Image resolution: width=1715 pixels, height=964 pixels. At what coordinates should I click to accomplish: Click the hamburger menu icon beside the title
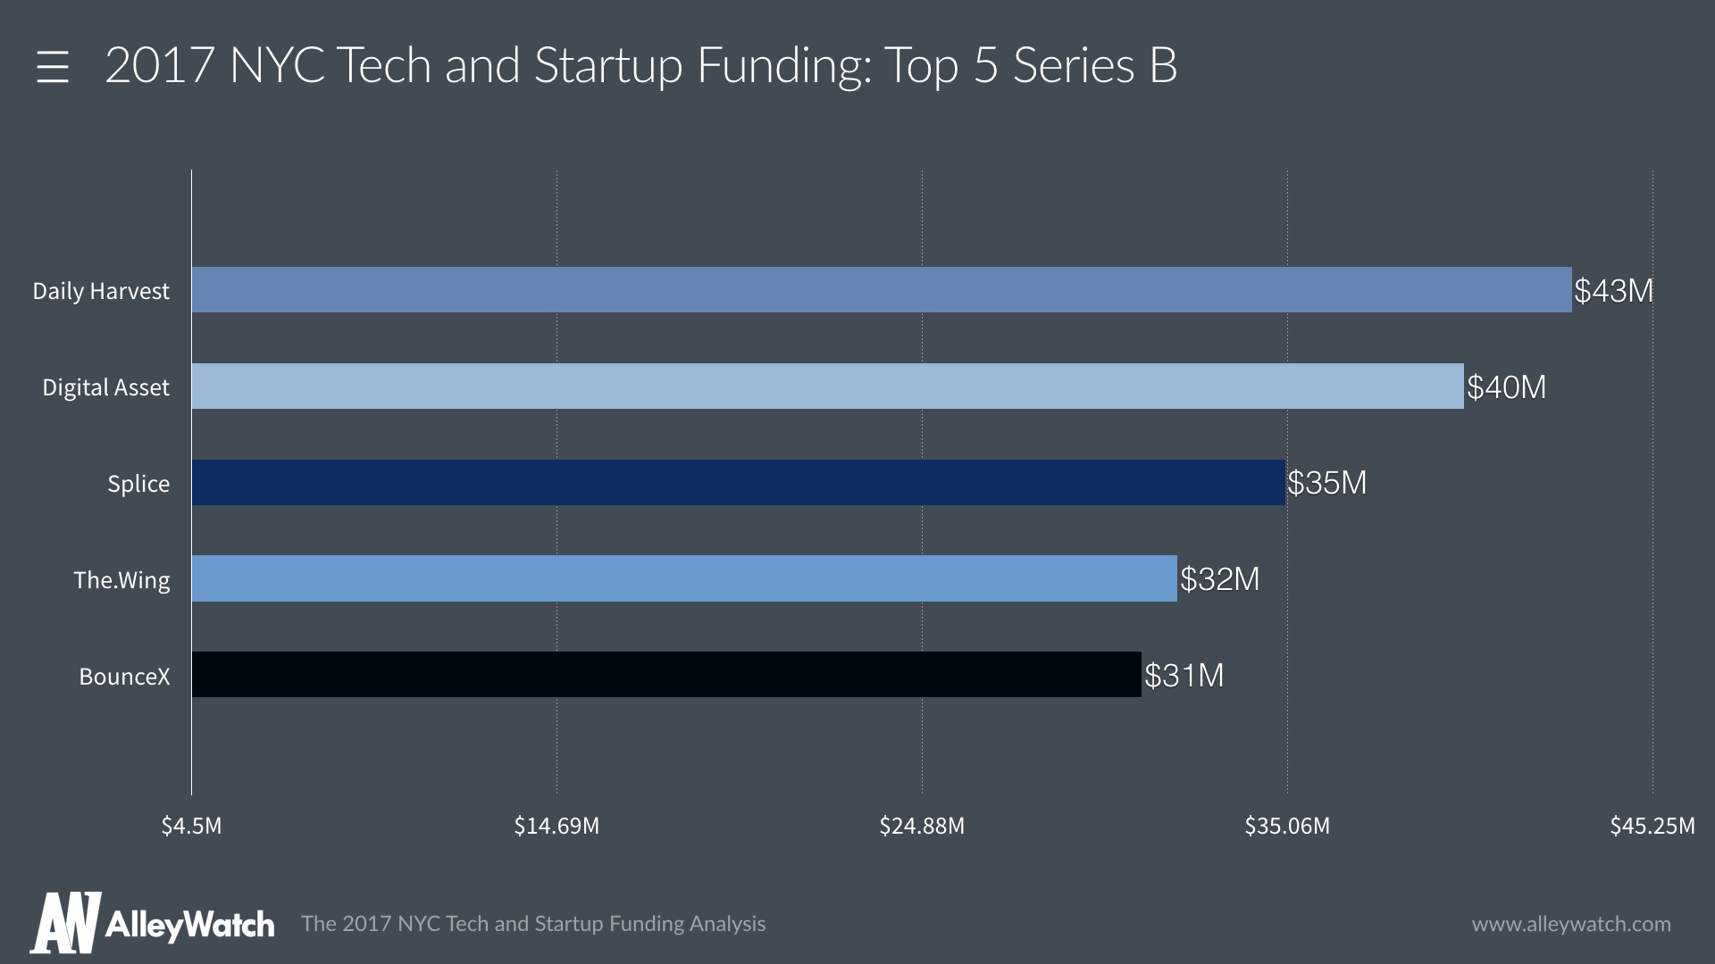coord(53,67)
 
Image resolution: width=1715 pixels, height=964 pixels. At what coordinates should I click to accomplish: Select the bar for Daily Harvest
coord(882,290)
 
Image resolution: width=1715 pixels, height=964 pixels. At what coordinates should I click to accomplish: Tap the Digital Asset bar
coord(828,386)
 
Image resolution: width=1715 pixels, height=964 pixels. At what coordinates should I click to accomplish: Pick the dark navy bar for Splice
coord(739,483)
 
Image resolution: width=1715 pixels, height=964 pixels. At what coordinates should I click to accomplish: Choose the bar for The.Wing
coord(684,578)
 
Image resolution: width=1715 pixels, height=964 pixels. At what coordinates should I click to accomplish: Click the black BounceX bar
coord(666,675)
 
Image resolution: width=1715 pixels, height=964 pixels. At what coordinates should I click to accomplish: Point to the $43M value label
coord(1613,291)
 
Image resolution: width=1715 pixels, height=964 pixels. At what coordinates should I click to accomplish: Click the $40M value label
coord(1506,387)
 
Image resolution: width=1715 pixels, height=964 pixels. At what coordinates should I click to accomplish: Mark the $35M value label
coord(1326,483)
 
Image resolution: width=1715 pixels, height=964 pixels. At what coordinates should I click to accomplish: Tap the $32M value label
coord(1219,579)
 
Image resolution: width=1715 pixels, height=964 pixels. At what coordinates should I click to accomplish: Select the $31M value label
coord(1184,676)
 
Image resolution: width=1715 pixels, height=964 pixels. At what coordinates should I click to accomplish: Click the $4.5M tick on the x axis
coord(191,826)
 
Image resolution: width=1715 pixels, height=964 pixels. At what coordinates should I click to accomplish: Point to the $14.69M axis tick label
coord(556,826)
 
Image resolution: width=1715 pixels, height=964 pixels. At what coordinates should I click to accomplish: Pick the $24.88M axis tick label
coord(922,826)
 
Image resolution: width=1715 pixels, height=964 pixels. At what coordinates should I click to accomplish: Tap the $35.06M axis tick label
coord(1287,826)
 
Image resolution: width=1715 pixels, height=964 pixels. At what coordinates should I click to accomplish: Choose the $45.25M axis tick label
coord(1652,826)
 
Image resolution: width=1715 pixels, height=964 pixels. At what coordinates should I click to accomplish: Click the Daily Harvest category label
coord(101,291)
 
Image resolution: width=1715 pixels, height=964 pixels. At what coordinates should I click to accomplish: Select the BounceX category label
coord(124,677)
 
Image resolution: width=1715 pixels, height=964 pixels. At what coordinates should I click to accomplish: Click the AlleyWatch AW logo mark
coord(65,923)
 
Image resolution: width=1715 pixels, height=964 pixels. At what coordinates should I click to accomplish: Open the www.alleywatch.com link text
coord(1571,924)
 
